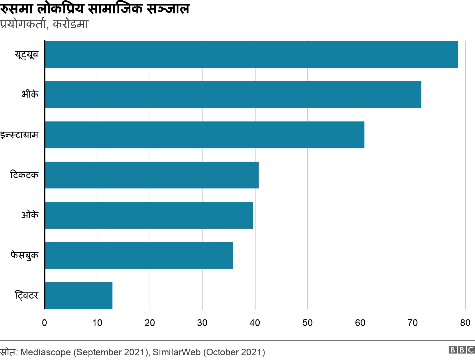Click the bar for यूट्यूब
[251, 54]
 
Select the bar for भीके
[233, 95]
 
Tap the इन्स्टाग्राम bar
[205, 135]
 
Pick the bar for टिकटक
[152, 175]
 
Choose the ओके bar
[149, 215]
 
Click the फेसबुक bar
[139, 255]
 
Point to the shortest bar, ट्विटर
[79, 296]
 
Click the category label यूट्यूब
[26, 55]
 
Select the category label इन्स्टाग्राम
[19, 135]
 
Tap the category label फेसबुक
[24, 256]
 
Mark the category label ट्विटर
[26, 296]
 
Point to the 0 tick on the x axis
[45, 323]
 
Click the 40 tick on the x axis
[255, 323]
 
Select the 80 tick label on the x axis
[465, 323]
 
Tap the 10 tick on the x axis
[97, 323]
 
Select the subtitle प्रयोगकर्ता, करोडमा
[44, 24]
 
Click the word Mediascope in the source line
[46, 352]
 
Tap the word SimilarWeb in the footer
[177, 352]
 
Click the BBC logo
[462, 350]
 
